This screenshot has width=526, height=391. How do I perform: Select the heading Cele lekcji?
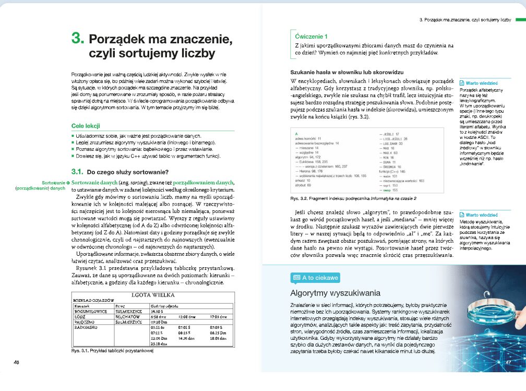point(86,126)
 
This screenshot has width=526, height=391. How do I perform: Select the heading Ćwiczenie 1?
point(311,37)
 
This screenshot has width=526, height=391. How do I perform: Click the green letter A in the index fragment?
point(296,134)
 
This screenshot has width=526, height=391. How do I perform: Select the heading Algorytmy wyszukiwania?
point(335,293)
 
